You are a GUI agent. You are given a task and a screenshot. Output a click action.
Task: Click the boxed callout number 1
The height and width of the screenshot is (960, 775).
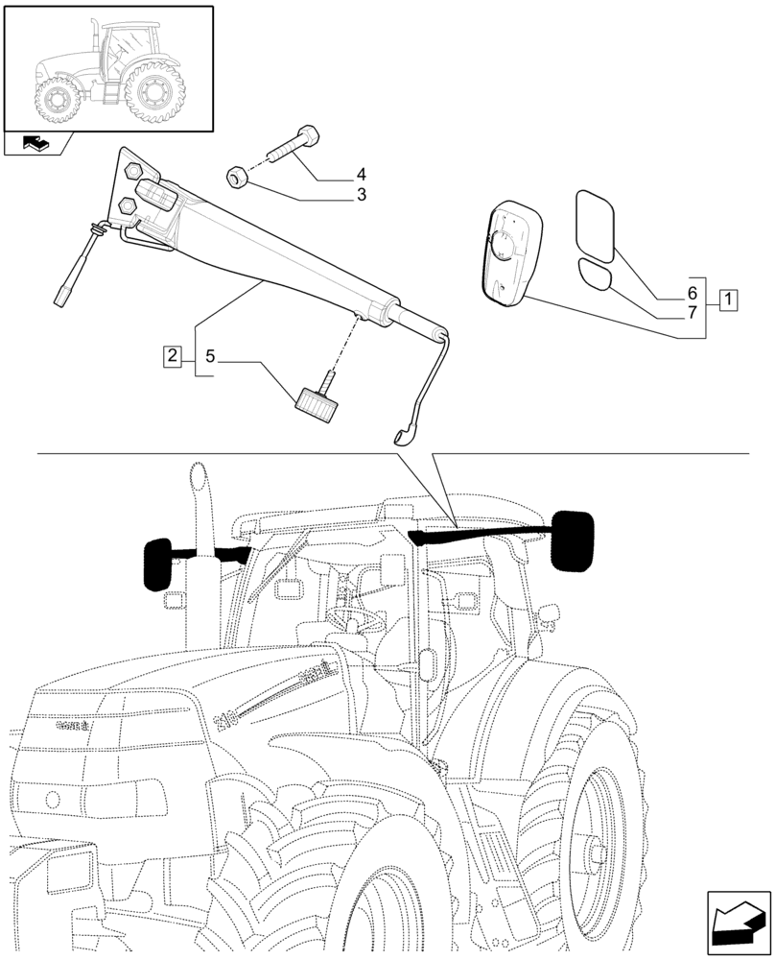tap(728, 299)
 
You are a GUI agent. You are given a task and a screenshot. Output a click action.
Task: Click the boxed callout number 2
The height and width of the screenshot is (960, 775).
tap(172, 356)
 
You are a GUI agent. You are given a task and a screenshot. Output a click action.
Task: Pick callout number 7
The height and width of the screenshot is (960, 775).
tap(690, 311)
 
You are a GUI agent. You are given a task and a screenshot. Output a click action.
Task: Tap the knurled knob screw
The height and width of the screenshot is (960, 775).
tap(316, 403)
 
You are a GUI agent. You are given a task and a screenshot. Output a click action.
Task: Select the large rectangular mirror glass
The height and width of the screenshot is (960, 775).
tap(599, 226)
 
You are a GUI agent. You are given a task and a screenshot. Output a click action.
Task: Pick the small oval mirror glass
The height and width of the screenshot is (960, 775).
tap(597, 275)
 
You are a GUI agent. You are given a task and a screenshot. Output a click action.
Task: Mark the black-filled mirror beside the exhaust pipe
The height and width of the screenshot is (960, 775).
tap(157, 564)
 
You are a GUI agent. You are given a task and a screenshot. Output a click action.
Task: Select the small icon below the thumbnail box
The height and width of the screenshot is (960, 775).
tap(37, 145)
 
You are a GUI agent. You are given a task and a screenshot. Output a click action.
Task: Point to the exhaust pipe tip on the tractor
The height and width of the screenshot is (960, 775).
tap(199, 475)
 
